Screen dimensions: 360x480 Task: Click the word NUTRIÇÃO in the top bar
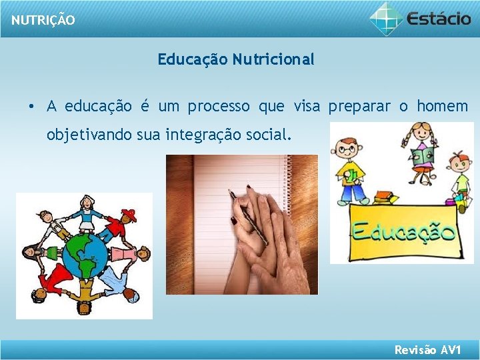click(x=43, y=20)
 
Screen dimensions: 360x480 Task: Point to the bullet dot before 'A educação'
click(x=31, y=107)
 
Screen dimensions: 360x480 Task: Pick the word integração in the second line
click(x=199, y=135)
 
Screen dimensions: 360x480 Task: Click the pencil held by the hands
click(x=248, y=217)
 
